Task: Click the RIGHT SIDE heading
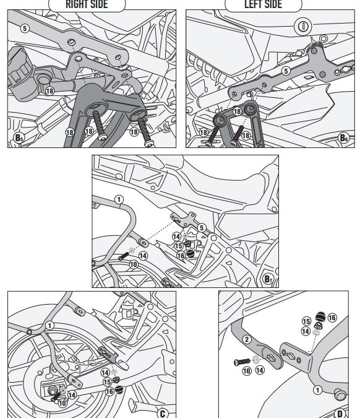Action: click(x=87, y=4)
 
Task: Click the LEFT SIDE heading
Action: click(x=263, y=4)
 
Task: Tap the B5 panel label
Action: click(x=19, y=138)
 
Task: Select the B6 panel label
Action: click(x=344, y=138)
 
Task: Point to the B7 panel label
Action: click(x=268, y=279)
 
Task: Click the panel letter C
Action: click(x=163, y=414)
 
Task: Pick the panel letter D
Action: click(x=340, y=414)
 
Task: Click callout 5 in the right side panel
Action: click(x=25, y=28)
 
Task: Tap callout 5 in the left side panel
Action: click(x=286, y=71)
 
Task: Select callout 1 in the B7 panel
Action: click(x=119, y=199)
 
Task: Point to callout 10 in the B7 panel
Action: click(x=134, y=264)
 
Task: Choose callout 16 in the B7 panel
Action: click(x=181, y=256)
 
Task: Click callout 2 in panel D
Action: click(x=247, y=339)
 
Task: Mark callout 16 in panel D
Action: click(x=332, y=318)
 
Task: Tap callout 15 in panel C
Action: click(x=107, y=382)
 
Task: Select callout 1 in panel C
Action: click(x=49, y=326)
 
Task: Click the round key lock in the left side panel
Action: click(x=302, y=26)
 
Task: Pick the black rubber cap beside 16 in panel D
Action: click(x=320, y=316)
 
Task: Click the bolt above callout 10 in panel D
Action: click(x=242, y=362)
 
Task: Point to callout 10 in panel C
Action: click(x=62, y=403)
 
